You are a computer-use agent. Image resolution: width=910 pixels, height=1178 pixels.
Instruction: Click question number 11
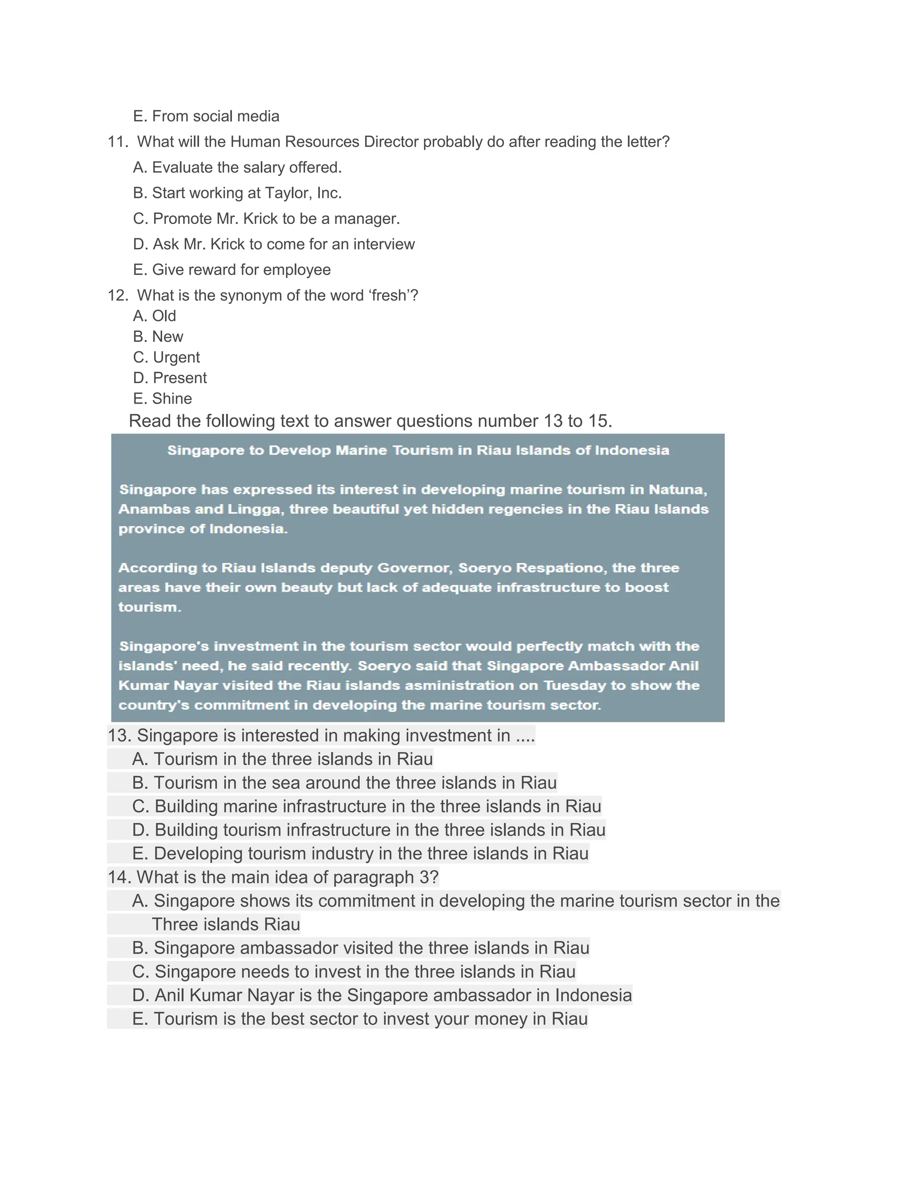click(117, 142)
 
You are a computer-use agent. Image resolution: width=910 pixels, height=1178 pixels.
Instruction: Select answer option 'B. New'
click(158, 337)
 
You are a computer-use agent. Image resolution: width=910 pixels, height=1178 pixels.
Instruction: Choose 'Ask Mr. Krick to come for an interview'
click(283, 244)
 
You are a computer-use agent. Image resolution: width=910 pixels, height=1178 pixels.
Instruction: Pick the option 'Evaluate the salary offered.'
click(246, 168)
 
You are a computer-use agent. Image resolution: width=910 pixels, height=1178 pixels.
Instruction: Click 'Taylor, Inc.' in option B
click(303, 193)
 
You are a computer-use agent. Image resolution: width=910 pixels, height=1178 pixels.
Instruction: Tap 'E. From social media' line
click(206, 116)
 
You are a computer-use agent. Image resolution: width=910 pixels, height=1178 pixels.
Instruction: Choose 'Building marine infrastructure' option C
click(367, 806)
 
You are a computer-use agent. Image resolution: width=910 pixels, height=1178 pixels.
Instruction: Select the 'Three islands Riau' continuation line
click(225, 925)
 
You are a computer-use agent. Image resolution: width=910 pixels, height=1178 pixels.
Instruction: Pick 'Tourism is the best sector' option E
click(359, 1019)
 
